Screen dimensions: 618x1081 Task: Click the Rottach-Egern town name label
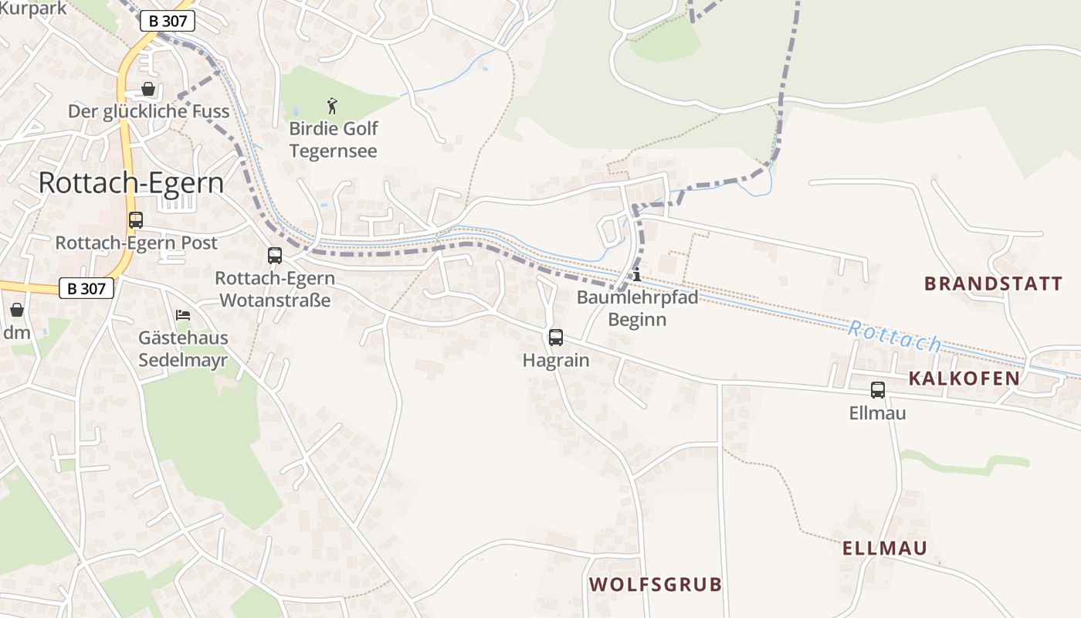(x=131, y=183)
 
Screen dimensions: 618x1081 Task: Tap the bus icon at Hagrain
(x=555, y=338)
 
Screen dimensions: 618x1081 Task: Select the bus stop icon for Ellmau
(x=877, y=390)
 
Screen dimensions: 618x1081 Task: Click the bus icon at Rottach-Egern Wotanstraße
(x=274, y=256)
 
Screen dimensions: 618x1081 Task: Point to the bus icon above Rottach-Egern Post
(x=136, y=220)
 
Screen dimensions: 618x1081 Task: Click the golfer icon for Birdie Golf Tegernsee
(x=333, y=105)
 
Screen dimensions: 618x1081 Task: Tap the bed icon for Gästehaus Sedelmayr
(x=183, y=315)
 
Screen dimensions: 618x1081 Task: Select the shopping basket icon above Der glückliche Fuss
(x=148, y=89)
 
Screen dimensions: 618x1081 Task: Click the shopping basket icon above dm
(x=17, y=310)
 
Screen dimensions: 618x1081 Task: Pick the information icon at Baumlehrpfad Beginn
(x=637, y=275)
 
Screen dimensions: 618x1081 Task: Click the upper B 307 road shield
(x=167, y=22)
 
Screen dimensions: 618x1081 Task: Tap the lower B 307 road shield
(x=86, y=289)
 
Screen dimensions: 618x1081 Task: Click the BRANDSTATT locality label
(x=993, y=284)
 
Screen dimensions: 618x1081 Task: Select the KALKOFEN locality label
(x=964, y=379)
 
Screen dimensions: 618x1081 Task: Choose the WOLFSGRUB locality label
(x=656, y=584)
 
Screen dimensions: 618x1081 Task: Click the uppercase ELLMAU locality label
(x=884, y=548)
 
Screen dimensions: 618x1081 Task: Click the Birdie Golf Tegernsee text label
(x=334, y=140)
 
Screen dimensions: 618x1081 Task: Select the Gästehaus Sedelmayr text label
(x=183, y=349)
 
